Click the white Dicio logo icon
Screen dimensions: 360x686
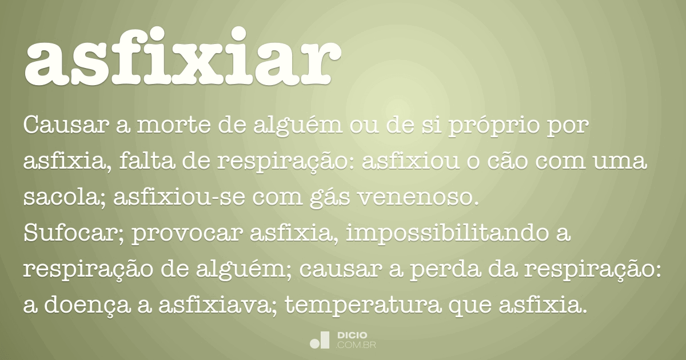(320, 339)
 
